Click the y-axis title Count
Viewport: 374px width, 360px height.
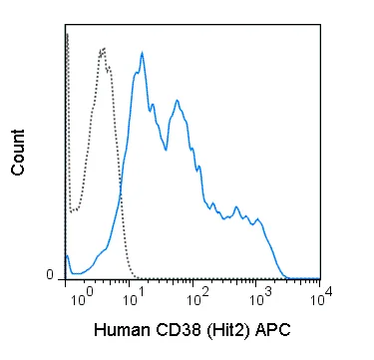[x=18, y=153]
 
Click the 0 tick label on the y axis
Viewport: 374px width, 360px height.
[x=50, y=275]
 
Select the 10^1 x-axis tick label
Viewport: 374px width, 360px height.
[x=134, y=298]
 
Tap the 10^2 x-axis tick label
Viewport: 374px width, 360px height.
[x=197, y=298]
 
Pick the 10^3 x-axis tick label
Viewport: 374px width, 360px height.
[x=260, y=298]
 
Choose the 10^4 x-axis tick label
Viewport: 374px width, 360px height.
[x=322, y=296]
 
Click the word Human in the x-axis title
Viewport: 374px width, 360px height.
[x=122, y=330]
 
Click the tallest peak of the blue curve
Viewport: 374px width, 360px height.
[x=142, y=53]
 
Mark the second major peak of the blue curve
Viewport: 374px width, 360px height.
[x=178, y=100]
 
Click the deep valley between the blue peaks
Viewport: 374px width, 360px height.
[x=166, y=151]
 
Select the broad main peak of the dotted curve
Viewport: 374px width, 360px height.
[x=103, y=49]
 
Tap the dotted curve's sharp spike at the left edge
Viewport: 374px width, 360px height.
[x=67, y=34]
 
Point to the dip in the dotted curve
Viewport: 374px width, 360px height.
[x=74, y=210]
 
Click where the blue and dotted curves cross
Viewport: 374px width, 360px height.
[x=121, y=191]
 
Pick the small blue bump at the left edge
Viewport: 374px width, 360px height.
[x=67, y=255]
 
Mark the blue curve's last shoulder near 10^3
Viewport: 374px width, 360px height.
[x=257, y=219]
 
